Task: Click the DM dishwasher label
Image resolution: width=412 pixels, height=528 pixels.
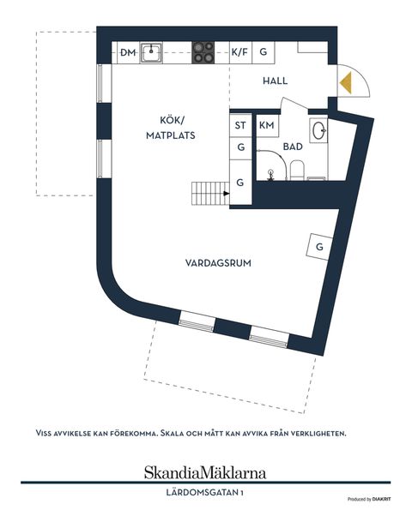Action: tap(128, 53)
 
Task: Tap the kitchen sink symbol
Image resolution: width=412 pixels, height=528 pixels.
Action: tap(153, 53)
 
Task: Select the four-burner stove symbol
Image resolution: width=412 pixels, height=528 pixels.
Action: tap(203, 53)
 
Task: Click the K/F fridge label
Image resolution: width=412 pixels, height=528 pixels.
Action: tap(239, 53)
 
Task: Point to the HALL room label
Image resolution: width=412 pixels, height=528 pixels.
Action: tap(275, 81)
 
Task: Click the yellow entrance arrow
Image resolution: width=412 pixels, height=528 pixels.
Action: tap(346, 83)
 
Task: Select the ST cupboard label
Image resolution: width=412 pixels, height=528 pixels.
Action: tap(240, 126)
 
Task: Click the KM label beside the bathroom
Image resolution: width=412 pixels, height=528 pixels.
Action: tap(266, 126)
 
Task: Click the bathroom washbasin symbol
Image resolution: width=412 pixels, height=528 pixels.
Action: tap(319, 131)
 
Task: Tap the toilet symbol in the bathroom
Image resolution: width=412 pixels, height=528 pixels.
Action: tap(296, 168)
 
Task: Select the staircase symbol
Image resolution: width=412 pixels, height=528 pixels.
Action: tap(209, 193)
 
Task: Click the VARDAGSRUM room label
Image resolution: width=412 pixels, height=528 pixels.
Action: tap(218, 263)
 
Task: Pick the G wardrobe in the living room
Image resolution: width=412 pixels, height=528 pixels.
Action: tap(319, 247)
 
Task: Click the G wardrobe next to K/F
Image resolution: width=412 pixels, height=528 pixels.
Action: tap(264, 53)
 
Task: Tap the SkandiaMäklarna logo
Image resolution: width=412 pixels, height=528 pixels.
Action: tap(204, 472)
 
